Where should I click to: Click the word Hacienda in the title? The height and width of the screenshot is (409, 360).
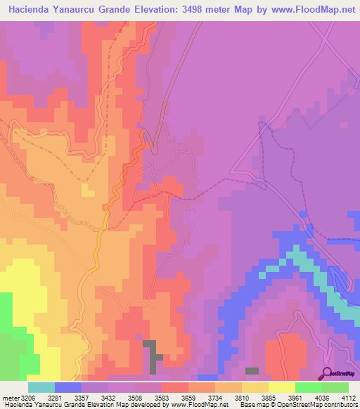pyautogui.click(x=32, y=10)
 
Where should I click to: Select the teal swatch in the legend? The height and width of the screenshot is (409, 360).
pyautogui.click(x=41, y=387)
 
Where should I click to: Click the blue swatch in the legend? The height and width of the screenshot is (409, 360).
pyautogui.click(x=68, y=387)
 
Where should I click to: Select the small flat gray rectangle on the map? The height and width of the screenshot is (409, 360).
pyautogui.click(x=251, y=370)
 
